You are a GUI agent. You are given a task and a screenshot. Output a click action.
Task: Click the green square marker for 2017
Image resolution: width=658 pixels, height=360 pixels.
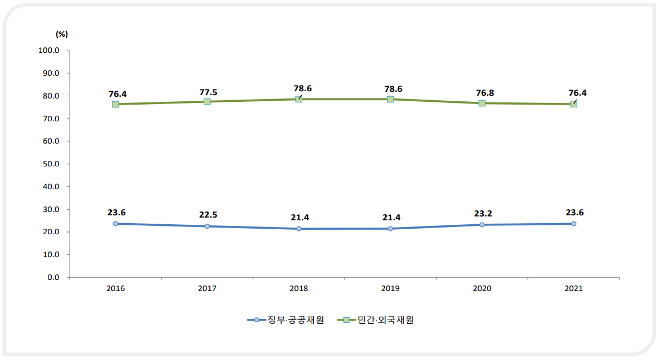click(x=207, y=102)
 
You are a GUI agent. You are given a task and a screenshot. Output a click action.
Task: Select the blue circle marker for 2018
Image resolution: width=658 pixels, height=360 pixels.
click(x=299, y=229)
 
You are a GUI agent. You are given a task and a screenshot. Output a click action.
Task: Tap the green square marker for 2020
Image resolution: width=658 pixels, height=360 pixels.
click(x=482, y=103)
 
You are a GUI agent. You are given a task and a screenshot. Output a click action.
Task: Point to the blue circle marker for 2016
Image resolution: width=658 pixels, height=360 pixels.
click(x=115, y=224)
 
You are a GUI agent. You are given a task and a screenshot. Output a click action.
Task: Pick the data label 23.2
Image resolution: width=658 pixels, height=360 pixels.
click(x=482, y=213)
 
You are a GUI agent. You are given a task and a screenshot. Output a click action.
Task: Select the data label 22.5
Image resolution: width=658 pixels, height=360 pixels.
click(x=207, y=215)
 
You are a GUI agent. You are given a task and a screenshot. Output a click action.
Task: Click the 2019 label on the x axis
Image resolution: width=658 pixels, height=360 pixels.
click(x=390, y=289)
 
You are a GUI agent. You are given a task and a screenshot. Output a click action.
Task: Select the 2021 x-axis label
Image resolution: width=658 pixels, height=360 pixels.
click(x=573, y=289)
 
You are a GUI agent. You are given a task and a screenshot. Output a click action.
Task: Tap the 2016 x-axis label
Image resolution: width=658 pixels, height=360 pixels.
click(x=115, y=289)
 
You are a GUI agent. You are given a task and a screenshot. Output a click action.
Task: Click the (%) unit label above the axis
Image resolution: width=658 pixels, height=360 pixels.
click(x=62, y=33)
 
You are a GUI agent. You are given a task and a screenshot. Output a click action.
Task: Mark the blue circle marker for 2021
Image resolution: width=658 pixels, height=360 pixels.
click(x=573, y=224)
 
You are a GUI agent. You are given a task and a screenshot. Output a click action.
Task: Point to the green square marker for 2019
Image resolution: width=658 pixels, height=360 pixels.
click(x=390, y=99)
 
